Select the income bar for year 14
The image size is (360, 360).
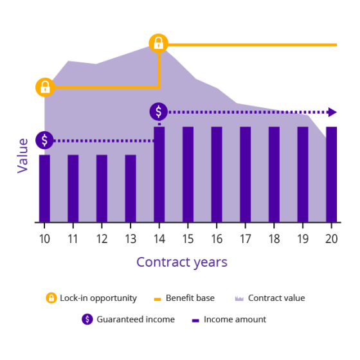click(159, 174)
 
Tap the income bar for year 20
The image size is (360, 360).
click(332, 174)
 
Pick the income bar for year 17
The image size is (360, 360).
click(246, 174)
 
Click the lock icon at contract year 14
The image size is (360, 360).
click(158, 44)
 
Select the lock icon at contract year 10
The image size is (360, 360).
click(45, 87)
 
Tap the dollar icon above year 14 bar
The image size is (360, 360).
click(159, 112)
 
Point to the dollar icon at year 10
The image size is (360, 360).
click(44, 140)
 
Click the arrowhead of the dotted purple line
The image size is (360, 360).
click(332, 112)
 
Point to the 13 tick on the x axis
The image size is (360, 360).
click(130, 237)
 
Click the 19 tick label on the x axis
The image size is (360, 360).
click(303, 237)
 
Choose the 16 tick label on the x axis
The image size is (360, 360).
click(217, 237)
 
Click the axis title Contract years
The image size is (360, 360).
click(182, 262)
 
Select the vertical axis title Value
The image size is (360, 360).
click(23, 155)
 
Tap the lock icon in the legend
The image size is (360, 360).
click(51, 298)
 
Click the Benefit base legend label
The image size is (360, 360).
click(190, 298)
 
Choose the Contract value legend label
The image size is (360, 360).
click(276, 298)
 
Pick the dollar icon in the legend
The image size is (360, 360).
click(87, 319)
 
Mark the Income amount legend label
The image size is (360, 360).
click(235, 319)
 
